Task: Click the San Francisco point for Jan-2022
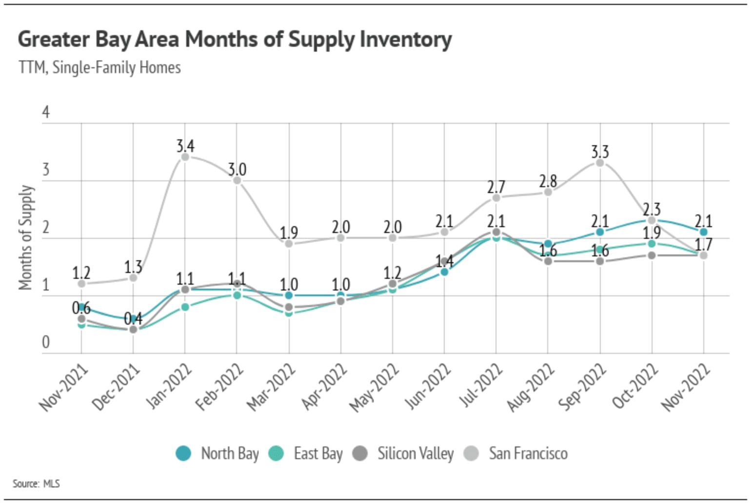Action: click(x=185, y=157)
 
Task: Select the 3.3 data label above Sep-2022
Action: click(x=600, y=152)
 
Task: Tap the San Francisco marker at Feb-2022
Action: click(x=237, y=180)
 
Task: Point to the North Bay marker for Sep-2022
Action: click(x=600, y=232)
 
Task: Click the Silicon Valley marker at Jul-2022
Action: click(x=496, y=232)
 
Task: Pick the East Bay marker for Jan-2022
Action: click(x=185, y=307)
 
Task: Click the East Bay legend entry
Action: click(x=306, y=454)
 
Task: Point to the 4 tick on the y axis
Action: click(x=46, y=113)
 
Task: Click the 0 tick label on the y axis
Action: click(x=46, y=342)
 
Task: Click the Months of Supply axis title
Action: click(x=26, y=237)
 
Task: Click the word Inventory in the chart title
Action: click(x=406, y=39)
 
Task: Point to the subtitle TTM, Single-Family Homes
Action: click(x=99, y=67)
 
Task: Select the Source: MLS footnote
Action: click(x=36, y=484)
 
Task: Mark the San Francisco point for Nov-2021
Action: click(x=81, y=284)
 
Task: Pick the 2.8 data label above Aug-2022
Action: click(x=548, y=181)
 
